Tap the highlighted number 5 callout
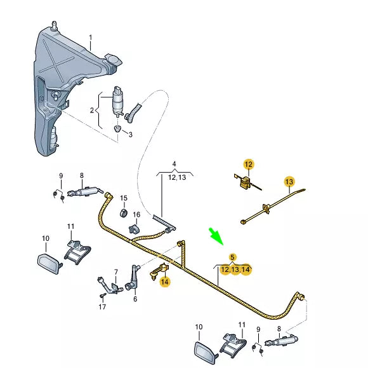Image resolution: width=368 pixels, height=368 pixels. (233, 257)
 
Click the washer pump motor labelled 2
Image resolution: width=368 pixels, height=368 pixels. (119, 100)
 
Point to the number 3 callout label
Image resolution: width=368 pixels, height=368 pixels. (131, 134)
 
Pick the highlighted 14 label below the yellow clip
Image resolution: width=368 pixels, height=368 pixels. (165, 281)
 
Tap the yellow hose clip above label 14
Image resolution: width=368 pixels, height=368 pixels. (159, 269)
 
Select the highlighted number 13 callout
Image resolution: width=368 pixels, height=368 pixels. (289, 182)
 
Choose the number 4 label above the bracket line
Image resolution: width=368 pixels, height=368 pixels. (174, 165)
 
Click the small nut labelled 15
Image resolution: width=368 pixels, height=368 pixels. (124, 211)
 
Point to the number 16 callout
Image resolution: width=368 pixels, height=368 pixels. (136, 214)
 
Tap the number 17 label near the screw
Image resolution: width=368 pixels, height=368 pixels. (102, 307)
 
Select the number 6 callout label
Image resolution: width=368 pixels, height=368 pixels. (135, 298)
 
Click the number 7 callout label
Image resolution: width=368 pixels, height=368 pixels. (115, 272)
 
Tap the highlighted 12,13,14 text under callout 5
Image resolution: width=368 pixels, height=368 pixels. (235, 270)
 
